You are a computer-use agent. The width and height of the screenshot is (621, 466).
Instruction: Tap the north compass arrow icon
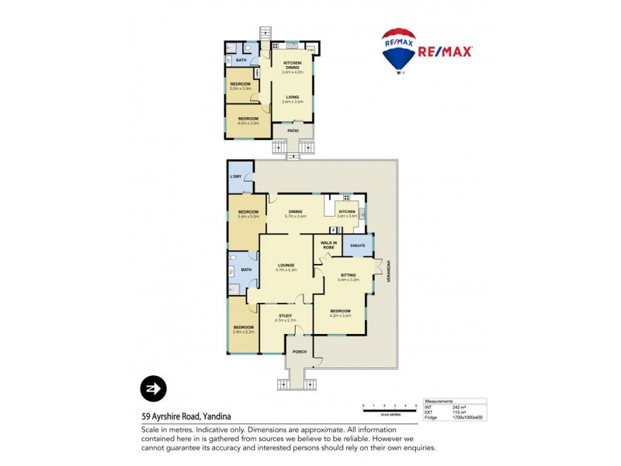pyautogui.click(x=153, y=388)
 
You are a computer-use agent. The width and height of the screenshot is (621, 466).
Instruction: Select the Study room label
pyautogui.click(x=285, y=317)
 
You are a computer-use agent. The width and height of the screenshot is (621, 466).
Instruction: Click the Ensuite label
pyautogui.click(x=358, y=245)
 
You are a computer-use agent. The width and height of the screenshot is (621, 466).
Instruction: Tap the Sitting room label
pyautogui.click(x=348, y=276)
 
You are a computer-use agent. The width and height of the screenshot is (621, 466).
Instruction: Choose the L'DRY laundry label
pyautogui.click(x=236, y=177)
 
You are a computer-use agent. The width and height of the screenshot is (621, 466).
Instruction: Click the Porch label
pyautogui.click(x=299, y=352)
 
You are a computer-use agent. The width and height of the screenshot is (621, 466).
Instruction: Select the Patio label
pyautogui.click(x=293, y=130)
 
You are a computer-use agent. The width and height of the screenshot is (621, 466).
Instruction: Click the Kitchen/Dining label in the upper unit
pyautogui.click(x=293, y=64)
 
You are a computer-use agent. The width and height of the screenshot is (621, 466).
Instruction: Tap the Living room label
pyautogui.click(x=293, y=99)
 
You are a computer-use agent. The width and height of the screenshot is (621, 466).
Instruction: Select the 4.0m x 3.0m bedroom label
pyautogui.click(x=248, y=120)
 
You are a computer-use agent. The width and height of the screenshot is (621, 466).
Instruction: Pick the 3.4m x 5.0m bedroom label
pyautogui.click(x=248, y=214)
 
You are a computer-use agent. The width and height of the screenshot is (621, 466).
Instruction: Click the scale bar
pyautogui.click(x=390, y=408)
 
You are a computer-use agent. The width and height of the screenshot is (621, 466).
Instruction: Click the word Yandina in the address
pyautogui.click(x=215, y=416)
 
